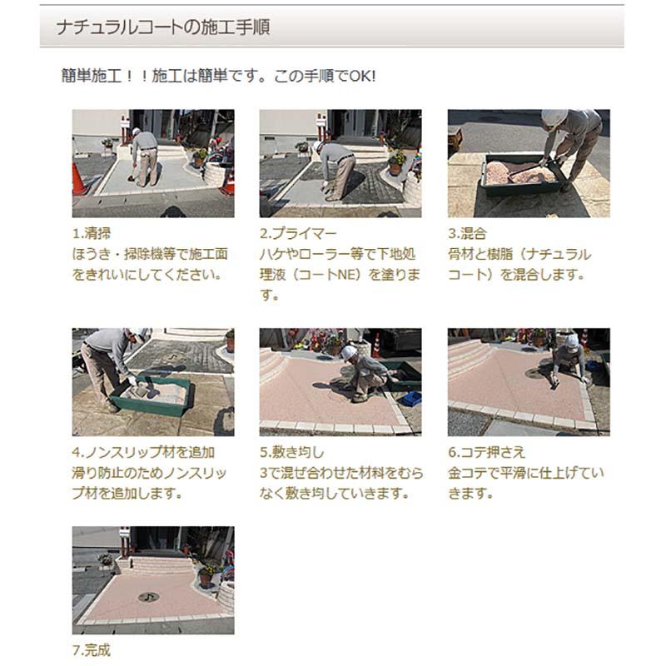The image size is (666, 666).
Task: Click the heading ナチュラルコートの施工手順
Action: pyautogui.click(x=162, y=27)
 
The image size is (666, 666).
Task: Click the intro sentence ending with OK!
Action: pyautogui.click(x=219, y=76)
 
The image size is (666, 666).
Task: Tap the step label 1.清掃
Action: pyautogui.click(x=92, y=233)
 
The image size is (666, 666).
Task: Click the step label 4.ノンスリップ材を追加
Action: pyautogui.click(x=144, y=452)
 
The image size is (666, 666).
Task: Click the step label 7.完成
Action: pyautogui.click(x=92, y=649)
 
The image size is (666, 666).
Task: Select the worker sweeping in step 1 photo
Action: pyautogui.click(x=146, y=157)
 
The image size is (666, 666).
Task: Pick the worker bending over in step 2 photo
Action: pyautogui.click(x=337, y=166)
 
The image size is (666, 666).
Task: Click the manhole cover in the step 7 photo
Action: pyautogui.click(x=149, y=596)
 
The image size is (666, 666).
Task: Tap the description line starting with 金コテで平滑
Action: pyautogui.click(x=525, y=473)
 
